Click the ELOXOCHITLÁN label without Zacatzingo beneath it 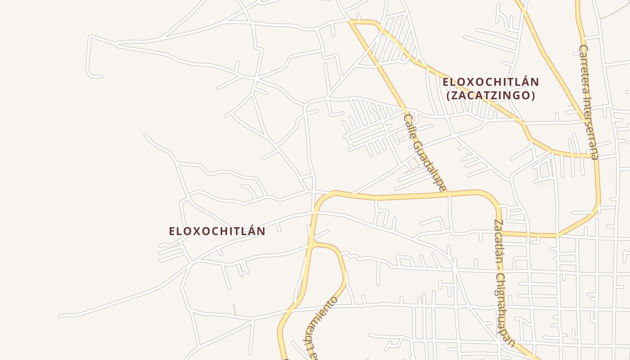tap(217, 231)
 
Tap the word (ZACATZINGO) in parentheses tap(490, 95)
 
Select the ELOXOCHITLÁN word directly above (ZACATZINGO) tap(490, 82)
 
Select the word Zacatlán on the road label tap(498, 240)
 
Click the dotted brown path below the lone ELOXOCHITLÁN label tap(234, 309)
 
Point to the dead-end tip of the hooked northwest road tap(101, 76)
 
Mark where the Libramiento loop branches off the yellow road tap(311, 243)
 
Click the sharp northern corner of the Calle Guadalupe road tap(351, 21)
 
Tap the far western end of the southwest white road tap(60, 316)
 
